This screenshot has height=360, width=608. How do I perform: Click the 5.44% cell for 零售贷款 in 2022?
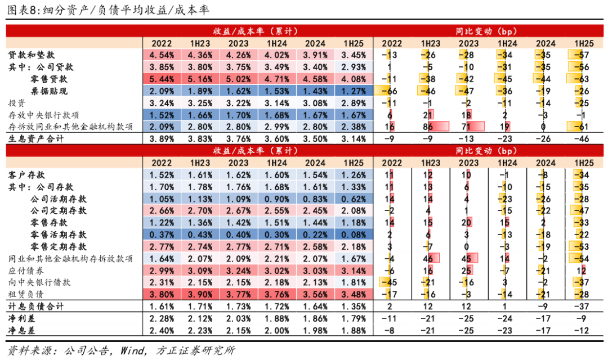tap(162, 79)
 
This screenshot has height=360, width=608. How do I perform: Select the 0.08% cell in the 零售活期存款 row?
tap(354, 235)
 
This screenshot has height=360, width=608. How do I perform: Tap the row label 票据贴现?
tap(48, 91)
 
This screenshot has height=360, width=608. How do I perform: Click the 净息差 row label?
tap(20, 330)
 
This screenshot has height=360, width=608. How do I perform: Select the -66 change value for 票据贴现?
tap(391, 91)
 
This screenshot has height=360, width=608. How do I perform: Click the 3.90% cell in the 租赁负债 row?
tap(200, 294)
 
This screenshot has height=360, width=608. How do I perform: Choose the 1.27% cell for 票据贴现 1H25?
tap(354, 91)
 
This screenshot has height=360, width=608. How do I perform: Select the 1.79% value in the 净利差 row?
tap(354, 319)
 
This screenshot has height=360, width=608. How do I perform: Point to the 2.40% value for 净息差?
tap(162, 330)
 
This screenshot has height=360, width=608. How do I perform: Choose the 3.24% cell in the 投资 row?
tap(162, 103)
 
